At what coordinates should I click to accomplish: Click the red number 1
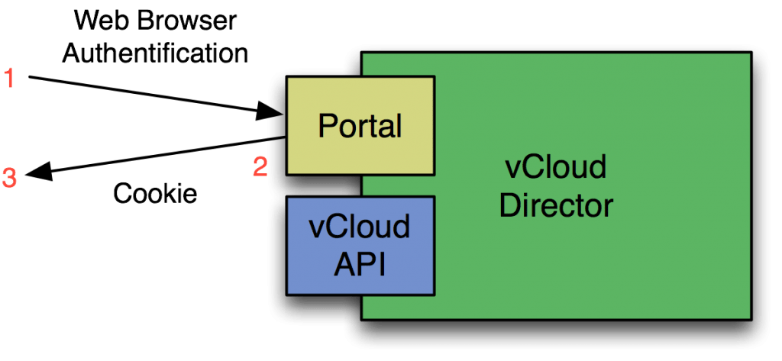[x=9, y=78]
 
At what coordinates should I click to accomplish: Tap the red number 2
[x=260, y=166]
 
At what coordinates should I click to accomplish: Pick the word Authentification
[x=156, y=53]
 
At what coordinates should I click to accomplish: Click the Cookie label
[x=155, y=194]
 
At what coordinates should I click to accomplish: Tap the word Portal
[x=360, y=125]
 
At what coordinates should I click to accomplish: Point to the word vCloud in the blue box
[x=360, y=227]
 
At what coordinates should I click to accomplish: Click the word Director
[x=556, y=205]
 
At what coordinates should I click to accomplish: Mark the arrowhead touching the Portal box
[x=265, y=111]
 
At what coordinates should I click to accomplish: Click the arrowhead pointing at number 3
[x=38, y=175]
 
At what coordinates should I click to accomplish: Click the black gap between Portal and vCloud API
[x=321, y=185]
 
